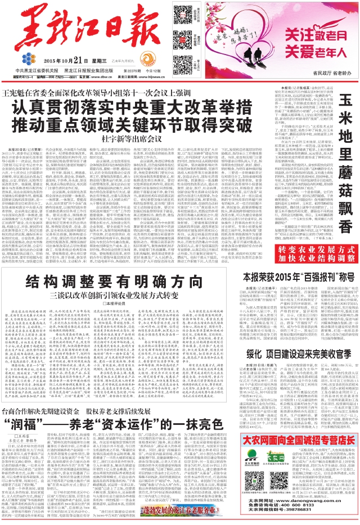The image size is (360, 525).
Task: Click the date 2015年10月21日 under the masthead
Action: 63,61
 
